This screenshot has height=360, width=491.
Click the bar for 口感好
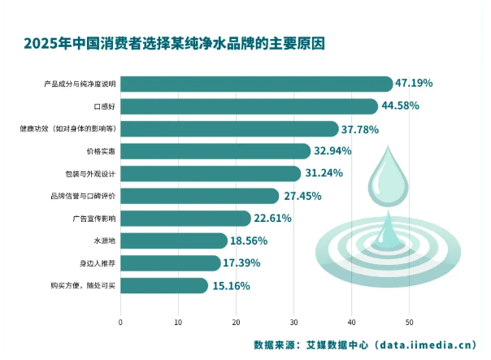(249, 106)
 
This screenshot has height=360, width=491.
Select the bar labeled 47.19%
(256, 84)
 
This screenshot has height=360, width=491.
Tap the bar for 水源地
(173, 241)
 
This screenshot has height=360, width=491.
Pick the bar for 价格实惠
(215, 151)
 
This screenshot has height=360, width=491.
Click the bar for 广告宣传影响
(185, 218)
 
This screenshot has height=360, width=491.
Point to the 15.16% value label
(231, 285)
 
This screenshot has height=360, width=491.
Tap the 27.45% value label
(303, 196)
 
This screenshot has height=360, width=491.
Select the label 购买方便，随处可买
(85, 285)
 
